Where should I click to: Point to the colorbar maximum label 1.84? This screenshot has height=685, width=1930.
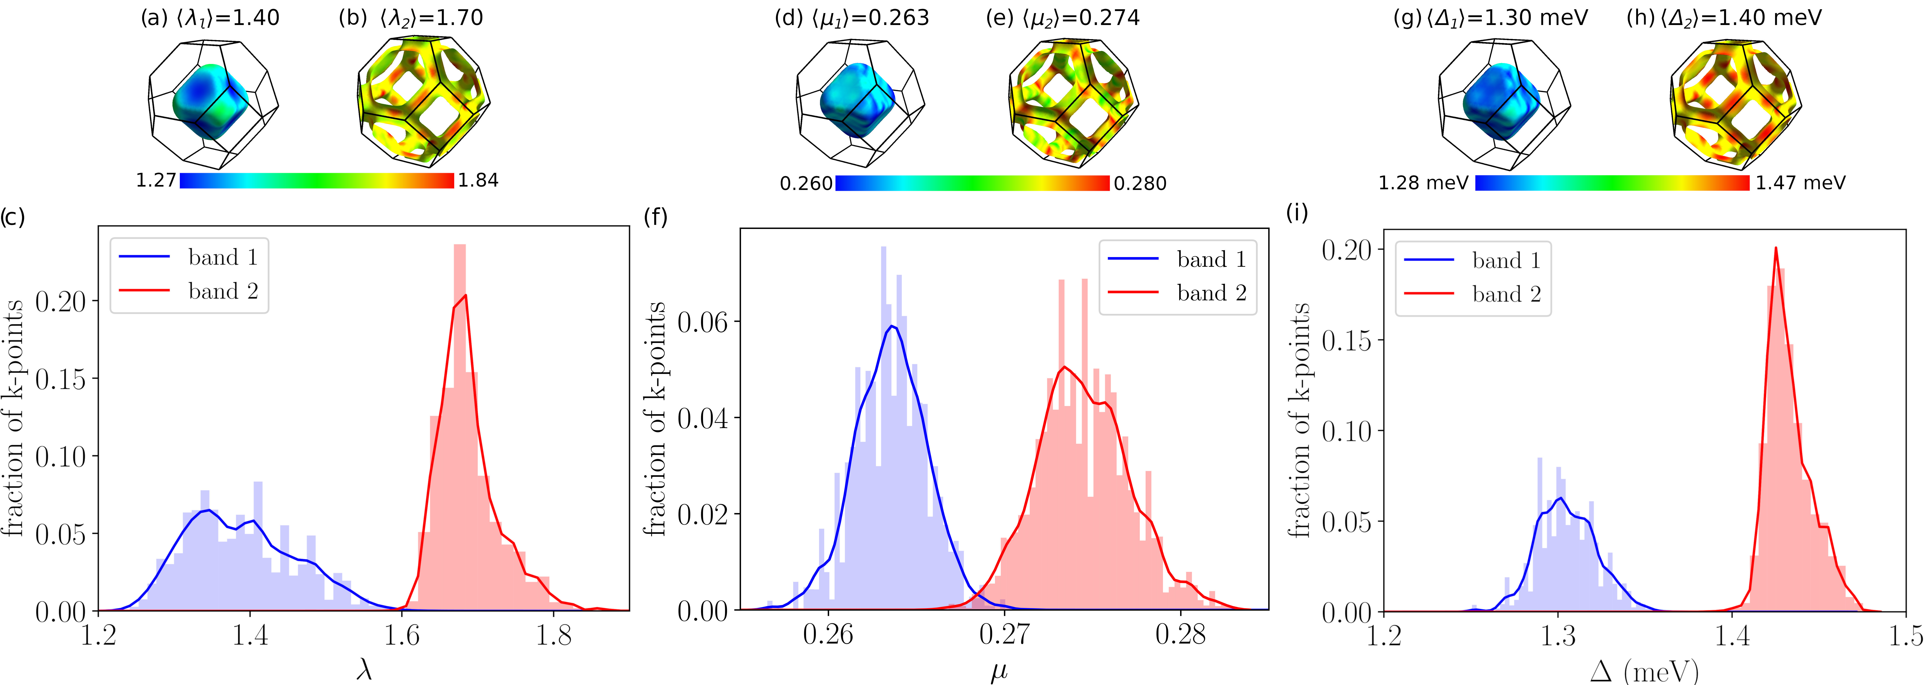click(478, 180)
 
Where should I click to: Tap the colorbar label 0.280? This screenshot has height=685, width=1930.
click(1140, 183)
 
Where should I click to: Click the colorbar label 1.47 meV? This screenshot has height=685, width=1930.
click(1800, 183)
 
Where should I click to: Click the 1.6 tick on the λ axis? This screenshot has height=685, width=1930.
click(402, 636)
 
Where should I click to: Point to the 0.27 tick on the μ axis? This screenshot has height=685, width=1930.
click(1004, 635)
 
